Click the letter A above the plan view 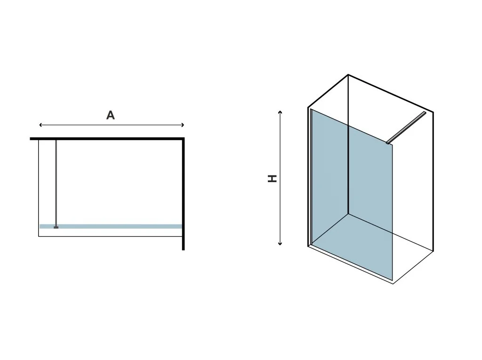click(x=111, y=115)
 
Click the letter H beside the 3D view click(x=273, y=178)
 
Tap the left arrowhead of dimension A click(x=40, y=125)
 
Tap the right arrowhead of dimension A click(x=183, y=125)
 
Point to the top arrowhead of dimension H click(x=281, y=112)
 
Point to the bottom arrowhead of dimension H click(x=281, y=244)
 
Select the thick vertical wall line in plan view click(x=183, y=193)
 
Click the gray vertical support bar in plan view click(x=56, y=184)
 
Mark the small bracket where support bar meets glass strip click(x=56, y=227)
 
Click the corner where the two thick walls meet click(x=183, y=139)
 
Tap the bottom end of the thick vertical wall click(x=183, y=249)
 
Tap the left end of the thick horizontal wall click(x=31, y=139)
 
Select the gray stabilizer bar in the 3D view click(x=406, y=127)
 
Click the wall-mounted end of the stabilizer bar click(x=425, y=113)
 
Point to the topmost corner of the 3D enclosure click(x=348, y=75)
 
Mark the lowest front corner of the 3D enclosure click(x=393, y=284)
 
